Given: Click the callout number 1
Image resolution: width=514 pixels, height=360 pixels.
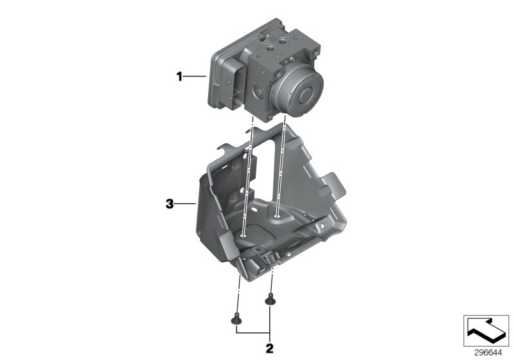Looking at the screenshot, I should [181, 77].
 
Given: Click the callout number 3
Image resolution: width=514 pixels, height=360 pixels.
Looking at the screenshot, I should [169, 204].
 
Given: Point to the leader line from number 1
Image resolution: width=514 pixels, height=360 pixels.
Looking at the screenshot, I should [195, 77].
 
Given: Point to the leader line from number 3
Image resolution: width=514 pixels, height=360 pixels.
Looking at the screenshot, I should [183, 204].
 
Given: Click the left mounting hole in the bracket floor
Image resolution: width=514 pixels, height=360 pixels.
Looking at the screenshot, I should [247, 235].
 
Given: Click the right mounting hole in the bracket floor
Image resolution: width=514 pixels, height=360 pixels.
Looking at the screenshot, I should [276, 218].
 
